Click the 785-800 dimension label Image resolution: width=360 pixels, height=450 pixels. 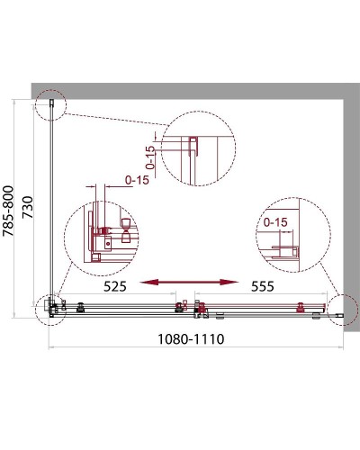(x=8, y=211)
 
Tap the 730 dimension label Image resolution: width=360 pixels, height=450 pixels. (x=27, y=207)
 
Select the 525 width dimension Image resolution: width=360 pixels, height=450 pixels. (x=115, y=286)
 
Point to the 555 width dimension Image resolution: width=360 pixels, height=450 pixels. (x=263, y=286)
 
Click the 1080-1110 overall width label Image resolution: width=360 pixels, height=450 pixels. (x=191, y=339)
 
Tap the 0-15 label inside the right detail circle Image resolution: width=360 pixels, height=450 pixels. (x=275, y=222)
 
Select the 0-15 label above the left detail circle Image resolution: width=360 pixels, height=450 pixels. (x=137, y=180)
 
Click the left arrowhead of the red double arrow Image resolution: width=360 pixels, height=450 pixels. (x=149, y=282)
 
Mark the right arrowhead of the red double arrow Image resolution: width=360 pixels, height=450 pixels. (x=229, y=282)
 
